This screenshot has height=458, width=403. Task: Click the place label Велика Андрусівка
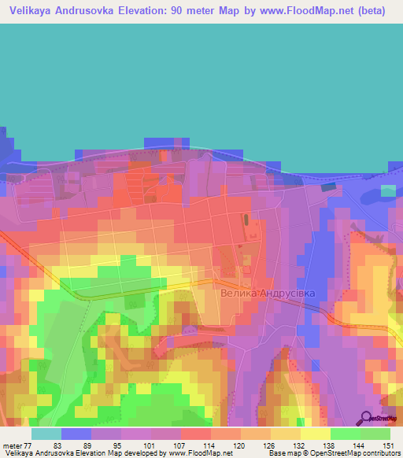(268, 293)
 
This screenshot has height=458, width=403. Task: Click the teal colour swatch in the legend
(46, 434)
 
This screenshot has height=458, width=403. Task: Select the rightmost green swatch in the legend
(375, 434)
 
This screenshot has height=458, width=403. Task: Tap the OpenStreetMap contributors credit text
(352, 453)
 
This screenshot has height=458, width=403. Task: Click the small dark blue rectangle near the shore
(327, 187)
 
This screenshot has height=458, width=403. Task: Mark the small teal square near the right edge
(389, 190)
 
